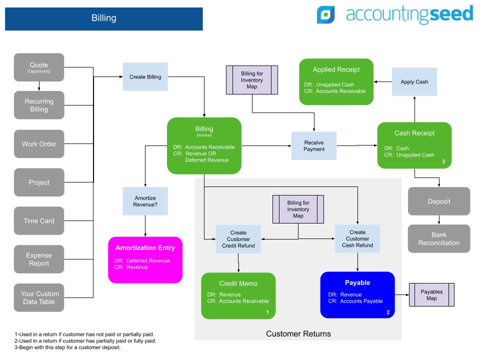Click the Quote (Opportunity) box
click(39, 67)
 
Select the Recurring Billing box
click(39, 105)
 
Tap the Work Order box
click(39, 144)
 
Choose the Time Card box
click(39, 221)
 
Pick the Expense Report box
click(39, 259)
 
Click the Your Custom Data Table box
click(39, 297)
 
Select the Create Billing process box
click(145, 76)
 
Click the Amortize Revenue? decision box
click(145, 201)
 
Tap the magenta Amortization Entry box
click(145, 260)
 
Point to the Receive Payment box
click(314, 145)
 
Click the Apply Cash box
click(414, 81)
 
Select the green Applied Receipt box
click(336, 81)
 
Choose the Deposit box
click(439, 201)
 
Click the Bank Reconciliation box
click(439, 238)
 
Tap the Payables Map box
click(431, 294)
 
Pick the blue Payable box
click(357, 295)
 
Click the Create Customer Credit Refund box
click(238, 239)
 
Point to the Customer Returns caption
click(298, 333)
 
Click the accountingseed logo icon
click(326, 15)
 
